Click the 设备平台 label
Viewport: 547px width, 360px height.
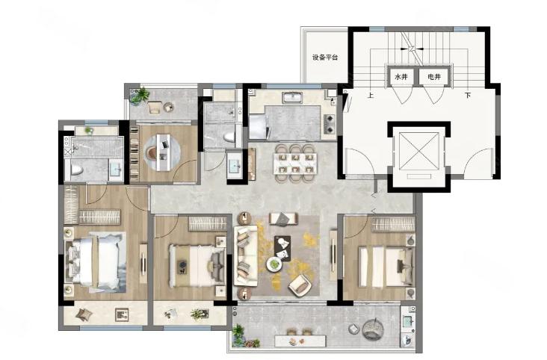coord(325,58)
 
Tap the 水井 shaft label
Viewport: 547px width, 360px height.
coord(401,77)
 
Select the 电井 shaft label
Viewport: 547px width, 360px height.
coord(434,77)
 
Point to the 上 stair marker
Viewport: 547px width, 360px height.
coord(371,95)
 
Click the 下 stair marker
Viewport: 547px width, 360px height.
coord(468,95)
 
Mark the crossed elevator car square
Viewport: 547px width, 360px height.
coord(418,151)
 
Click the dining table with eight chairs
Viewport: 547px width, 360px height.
coord(295,164)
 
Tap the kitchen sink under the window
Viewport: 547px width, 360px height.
coord(292,97)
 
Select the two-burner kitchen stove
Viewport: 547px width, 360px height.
coord(329,124)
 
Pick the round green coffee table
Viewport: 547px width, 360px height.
coord(274,264)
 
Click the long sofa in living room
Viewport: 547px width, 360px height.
coord(246,255)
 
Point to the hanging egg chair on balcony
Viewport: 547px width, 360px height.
coord(373,329)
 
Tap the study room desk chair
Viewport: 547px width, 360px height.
coord(152,153)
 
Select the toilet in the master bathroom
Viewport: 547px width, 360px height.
coord(76,170)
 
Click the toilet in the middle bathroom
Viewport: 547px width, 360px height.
coord(229,137)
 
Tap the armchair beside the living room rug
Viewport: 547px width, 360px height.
coord(300,285)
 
